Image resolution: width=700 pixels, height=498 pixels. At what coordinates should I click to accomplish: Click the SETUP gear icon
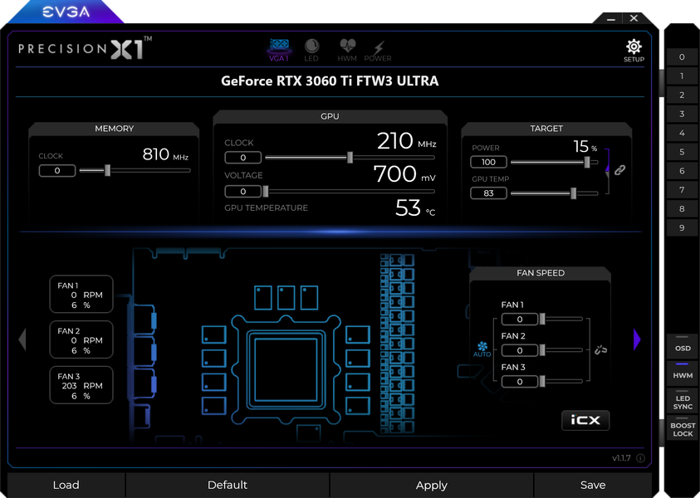[x=634, y=46]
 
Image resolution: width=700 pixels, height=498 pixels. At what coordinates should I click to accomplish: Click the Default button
[x=228, y=485]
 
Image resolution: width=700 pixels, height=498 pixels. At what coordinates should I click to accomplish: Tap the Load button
[x=66, y=485]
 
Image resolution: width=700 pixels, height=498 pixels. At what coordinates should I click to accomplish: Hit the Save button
[x=593, y=485]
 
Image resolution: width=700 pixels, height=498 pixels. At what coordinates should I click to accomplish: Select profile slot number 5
[x=682, y=152]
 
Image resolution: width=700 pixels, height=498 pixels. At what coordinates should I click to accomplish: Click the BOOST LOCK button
[x=683, y=429]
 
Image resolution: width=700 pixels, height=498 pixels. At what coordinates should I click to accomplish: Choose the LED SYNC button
[x=683, y=401]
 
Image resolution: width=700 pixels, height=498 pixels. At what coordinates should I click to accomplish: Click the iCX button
[x=585, y=420]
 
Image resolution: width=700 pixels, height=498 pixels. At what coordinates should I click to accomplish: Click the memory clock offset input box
[x=57, y=170]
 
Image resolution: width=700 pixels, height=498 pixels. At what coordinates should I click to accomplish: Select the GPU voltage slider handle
[x=266, y=192]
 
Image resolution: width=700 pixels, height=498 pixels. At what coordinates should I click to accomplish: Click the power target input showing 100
[x=488, y=162]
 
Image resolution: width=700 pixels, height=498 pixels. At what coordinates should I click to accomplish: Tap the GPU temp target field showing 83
[x=488, y=193]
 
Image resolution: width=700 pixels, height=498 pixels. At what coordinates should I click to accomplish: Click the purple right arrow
[x=637, y=339]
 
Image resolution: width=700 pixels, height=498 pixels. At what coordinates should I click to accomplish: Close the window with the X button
[x=634, y=18]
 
